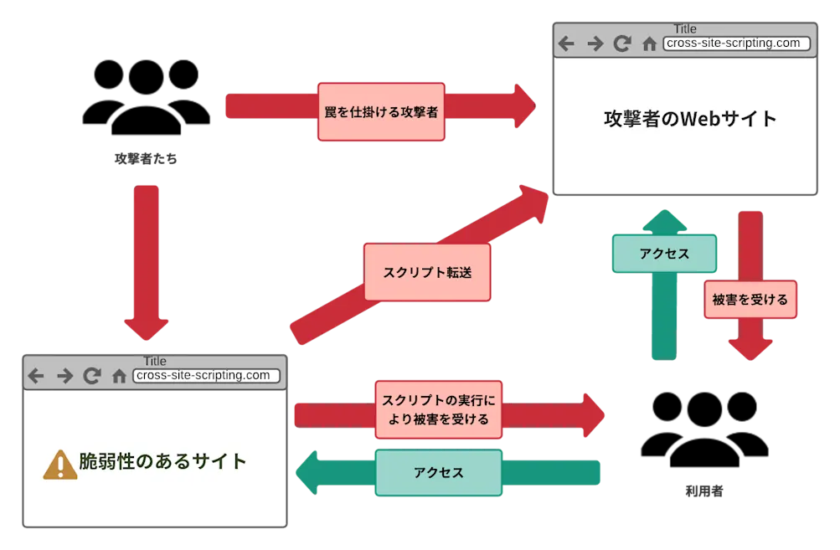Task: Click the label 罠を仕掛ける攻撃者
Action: (380, 111)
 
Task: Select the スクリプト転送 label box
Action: (426, 272)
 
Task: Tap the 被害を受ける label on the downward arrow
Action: (750, 299)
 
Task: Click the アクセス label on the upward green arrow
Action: (664, 254)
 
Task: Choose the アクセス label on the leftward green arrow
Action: (438, 473)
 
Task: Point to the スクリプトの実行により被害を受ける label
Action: (438, 408)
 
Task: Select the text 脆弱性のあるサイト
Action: (162, 461)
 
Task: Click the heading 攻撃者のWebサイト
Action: (689, 119)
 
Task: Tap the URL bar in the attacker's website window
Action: (736, 44)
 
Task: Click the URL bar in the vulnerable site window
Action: (206, 376)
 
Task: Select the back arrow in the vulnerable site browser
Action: (36, 377)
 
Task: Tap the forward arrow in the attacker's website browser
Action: (595, 44)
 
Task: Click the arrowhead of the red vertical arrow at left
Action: (147, 326)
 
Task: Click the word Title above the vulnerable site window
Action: (155, 361)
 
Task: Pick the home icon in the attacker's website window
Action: (649, 44)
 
